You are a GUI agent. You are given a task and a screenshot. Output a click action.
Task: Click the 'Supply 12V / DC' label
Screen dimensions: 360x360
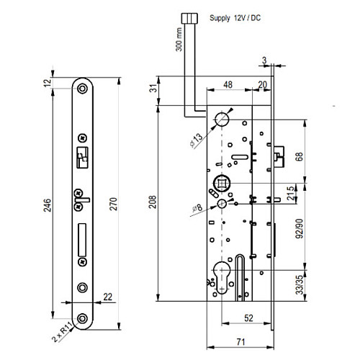click(x=235, y=18)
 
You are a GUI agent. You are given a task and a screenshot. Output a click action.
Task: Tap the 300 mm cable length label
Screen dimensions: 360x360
click(x=179, y=40)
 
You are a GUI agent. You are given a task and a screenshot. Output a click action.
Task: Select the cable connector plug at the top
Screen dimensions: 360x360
click(x=189, y=18)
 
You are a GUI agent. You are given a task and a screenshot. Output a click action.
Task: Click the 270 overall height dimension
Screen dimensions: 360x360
click(x=113, y=204)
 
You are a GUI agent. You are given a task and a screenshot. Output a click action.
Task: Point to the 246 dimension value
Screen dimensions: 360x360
click(x=48, y=205)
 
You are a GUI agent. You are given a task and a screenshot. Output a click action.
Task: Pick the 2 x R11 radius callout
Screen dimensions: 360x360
click(x=62, y=332)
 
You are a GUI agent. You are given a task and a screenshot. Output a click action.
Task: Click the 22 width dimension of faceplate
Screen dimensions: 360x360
click(x=107, y=297)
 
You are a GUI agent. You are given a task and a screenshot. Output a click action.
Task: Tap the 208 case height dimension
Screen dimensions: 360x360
click(x=152, y=202)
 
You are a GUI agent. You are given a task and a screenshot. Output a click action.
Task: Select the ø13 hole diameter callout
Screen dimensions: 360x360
click(x=197, y=140)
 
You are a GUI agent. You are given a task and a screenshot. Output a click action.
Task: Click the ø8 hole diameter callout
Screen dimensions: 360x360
click(x=197, y=208)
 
